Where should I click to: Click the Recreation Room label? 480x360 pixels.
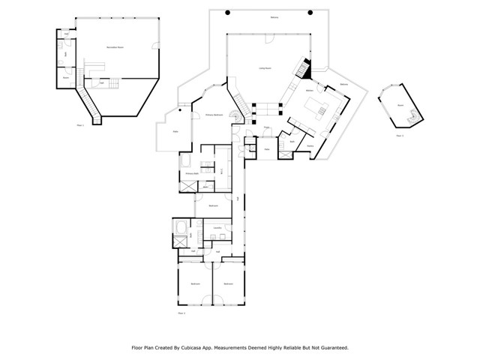115,47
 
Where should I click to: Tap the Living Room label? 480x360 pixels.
265,68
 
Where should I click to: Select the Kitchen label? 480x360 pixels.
309,91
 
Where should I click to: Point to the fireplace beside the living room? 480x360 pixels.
303,70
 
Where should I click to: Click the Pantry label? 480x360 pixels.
310,146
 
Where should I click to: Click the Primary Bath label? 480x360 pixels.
191,173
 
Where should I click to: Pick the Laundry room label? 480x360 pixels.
217,227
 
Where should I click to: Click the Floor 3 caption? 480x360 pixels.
400,136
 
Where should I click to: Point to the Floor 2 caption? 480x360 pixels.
181,313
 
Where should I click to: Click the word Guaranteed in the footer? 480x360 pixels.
331,348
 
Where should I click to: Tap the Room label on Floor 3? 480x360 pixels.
400,106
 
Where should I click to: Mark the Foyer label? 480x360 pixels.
266,127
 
